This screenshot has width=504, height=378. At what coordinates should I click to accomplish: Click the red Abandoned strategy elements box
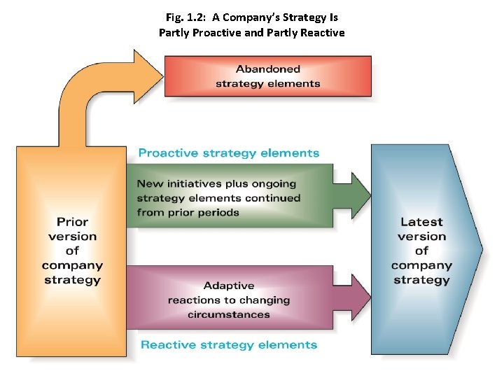(x=267, y=76)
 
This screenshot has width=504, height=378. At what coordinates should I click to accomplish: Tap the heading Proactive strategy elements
(x=228, y=153)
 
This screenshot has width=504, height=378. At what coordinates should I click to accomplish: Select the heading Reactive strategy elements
(x=229, y=344)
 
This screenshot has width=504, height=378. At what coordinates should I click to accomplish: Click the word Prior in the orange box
(x=72, y=222)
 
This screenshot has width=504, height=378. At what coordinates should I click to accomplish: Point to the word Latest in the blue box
(x=421, y=222)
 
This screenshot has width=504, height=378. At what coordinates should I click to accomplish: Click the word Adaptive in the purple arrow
(x=229, y=286)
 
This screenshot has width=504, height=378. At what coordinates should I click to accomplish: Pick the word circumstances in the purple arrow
(x=229, y=315)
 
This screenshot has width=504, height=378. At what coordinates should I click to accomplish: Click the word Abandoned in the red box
(x=268, y=69)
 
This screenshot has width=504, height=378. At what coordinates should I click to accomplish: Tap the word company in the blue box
(x=421, y=265)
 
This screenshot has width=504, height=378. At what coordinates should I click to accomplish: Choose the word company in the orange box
(x=72, y=265)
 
